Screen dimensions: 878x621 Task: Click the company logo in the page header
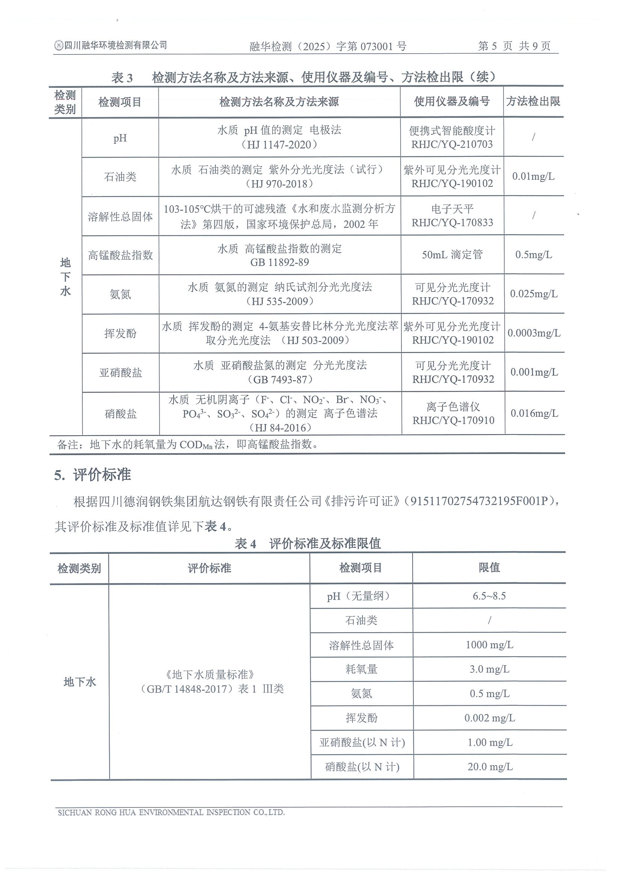59,45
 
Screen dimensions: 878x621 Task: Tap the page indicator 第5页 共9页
514,46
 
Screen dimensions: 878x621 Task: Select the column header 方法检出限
533,101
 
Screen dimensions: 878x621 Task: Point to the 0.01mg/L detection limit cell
533,176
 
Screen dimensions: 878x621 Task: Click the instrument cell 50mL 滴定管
452,255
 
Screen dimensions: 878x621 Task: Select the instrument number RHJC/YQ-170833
452,223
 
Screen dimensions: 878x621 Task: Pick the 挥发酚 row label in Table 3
120,334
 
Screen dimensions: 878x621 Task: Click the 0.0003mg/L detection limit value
534,333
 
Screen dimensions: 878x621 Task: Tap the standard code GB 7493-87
280,379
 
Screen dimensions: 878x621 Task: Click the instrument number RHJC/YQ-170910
453,420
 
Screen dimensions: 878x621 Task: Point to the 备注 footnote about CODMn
187,444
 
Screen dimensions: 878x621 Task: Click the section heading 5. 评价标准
93,475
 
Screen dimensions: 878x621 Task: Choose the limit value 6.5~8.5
489,596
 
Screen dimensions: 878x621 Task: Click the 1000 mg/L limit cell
489,645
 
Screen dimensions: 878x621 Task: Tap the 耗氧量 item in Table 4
361,669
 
